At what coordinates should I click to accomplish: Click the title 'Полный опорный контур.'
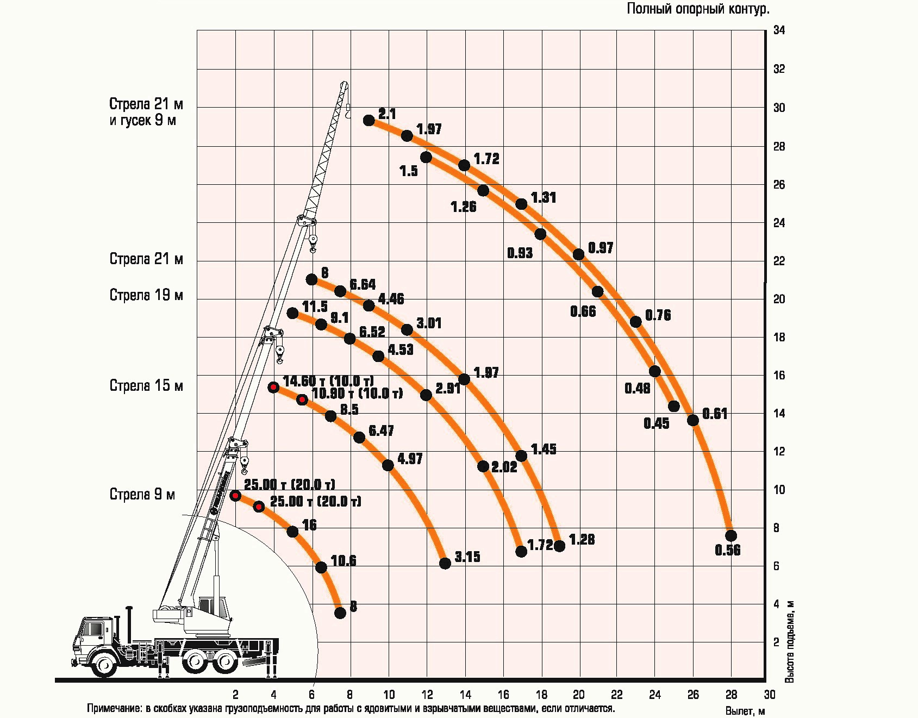click(698, 9)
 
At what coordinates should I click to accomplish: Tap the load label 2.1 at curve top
click(387, 114)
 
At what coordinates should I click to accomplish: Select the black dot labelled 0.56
click(730, 536)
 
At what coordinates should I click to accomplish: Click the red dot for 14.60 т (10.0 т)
click(273, 387)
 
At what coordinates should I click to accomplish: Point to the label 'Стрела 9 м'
click(142, 495)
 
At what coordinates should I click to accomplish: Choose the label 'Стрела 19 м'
click(146, 295)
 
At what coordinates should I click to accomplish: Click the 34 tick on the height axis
click(779, 30)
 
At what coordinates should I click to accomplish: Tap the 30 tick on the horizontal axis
click(769, 694)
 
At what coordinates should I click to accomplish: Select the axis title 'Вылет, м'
click(745, 711)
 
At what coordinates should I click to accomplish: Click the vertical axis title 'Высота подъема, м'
click(790, 641)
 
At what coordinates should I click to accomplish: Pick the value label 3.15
click(467, 557)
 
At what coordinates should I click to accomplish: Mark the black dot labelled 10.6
click(321, 567)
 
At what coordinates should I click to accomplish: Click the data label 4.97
click(410, 459)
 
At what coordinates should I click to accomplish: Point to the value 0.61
click(714, 414)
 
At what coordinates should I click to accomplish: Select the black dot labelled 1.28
click(559, 546)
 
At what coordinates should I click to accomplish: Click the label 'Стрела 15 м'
click(146, 386)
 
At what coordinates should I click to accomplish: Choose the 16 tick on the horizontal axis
click(503, 694)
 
